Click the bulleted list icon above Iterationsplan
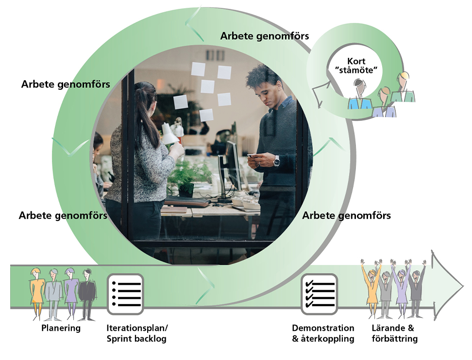pyautogui.click(x=125, y=294)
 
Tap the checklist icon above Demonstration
pyautogui.click(x=319, y=294)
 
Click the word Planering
pyautogui.click(x=61, y=328)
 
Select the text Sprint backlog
pyautogui.click(x=136, y=339)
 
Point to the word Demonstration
pyautogui.click(x=323, y=328)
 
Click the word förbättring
pyautogui.click(x=395, y=339)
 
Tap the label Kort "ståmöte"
pyautogui.click(x=356, y=66)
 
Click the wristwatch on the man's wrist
pyautogui.click(x=276, y=161)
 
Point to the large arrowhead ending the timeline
pyautogui.click(x=447, y=285)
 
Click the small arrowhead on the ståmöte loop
pyautogui.click(x=321, y=93)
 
